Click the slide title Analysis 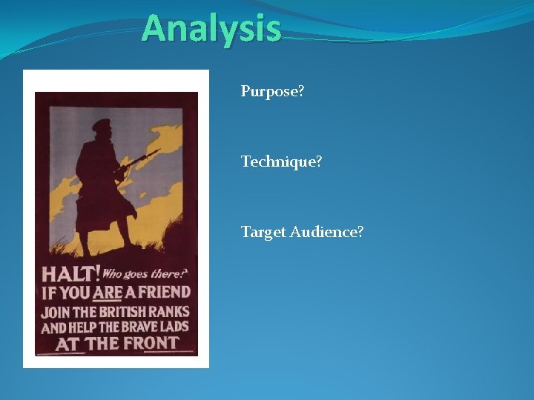pyautogui.click(x=211, y=29)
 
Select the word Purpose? pyautogui.click(x=272, y=92)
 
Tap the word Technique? pyautogui.click(x=281, y=161)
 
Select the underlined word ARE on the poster pyautogui.click(x=108, y=293)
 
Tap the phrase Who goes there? pyautogui.click(x=145, y=273)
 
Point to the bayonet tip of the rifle pyautogui.click(x=158, y=150)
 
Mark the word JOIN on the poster pyautogui.click(x=56, y=312)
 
